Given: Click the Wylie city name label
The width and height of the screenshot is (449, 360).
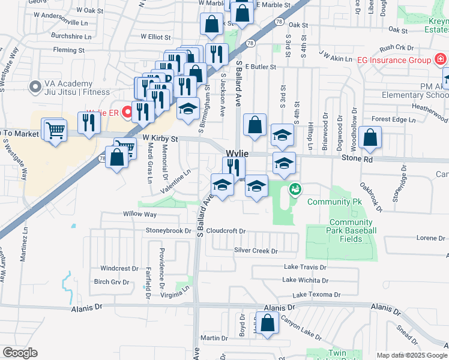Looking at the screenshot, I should coord(237,154).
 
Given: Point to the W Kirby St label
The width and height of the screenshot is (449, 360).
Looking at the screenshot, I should coord(160,139).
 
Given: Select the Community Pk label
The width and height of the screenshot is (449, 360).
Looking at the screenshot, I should coord(329,202).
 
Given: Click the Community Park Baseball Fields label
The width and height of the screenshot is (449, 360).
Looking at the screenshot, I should coord(352,230).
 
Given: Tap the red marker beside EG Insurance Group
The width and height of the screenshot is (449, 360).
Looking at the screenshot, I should coord(440,60).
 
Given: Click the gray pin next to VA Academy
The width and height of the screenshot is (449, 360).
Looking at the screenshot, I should coord(34,88).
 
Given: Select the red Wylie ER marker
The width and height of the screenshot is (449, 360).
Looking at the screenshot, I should coord(127,112).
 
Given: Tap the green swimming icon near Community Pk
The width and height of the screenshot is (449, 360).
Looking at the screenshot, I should coord(294,190).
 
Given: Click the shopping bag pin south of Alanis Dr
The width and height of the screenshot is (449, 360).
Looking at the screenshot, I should coord(268,322).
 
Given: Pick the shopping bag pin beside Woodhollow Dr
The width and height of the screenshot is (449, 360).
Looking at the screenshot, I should coord(372,137).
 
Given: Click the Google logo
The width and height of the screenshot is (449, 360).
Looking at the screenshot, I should coord(19,353).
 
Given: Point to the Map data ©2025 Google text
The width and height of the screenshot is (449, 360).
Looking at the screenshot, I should coord(412,355).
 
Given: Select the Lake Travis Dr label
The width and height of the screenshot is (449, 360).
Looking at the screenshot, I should coord(304,267).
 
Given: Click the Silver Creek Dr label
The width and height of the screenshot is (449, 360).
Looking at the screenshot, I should coord(256,251).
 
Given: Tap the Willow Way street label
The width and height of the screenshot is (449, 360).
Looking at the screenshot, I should coord(140,214).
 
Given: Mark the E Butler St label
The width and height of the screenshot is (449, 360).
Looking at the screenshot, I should coord(260,67).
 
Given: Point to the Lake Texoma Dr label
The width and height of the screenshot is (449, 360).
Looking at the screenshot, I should coord(316,295).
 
